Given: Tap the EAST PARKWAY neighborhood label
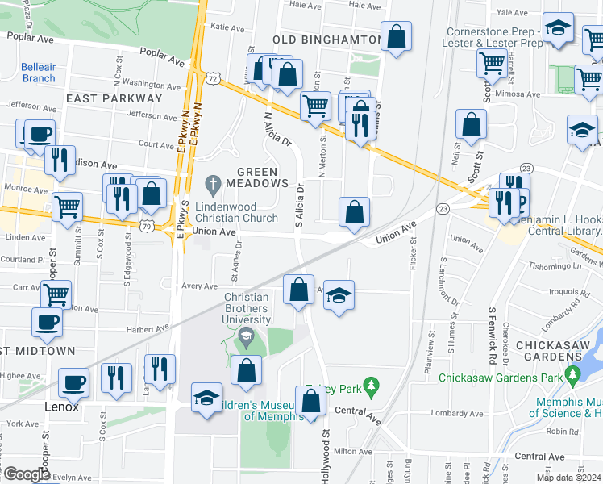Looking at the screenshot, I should (x=114, y=98).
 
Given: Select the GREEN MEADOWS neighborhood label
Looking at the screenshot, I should (x=257, y=177).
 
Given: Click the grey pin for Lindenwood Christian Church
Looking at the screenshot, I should (x=214, y=186).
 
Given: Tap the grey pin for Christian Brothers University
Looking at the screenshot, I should (x=246, y=336).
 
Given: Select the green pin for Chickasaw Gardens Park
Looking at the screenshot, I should (x=572, y=374).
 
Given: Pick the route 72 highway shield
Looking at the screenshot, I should (x=212, y=79).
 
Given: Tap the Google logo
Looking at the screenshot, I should (x=26, y=474).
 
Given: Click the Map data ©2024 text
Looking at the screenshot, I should (x=568, y=478).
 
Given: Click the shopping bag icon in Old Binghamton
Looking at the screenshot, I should (x=396, y=36).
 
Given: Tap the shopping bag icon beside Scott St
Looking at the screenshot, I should (x=471, y=124).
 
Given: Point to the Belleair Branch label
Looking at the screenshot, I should (x=39, y=73).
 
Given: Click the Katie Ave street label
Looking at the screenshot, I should (x=227, y=27).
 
